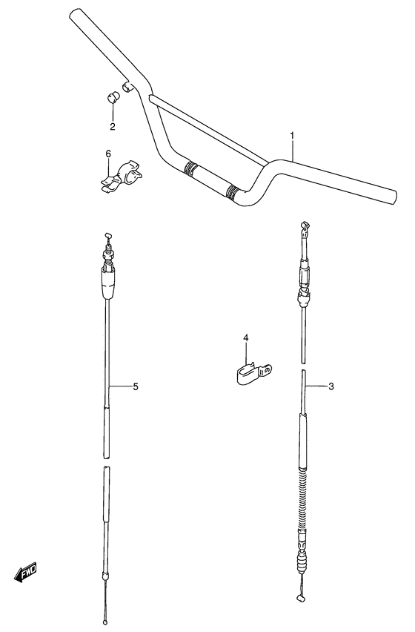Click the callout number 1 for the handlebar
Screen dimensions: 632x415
[292, 136]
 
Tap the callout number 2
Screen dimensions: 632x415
[113, 126]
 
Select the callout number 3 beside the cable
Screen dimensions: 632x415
[331, 386]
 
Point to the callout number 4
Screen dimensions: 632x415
[245, 339]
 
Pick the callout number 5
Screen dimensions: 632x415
[136, 386]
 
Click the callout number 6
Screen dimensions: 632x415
[108, 154]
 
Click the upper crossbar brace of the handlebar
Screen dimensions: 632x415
[207, 126]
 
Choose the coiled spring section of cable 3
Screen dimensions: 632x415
[302, 498]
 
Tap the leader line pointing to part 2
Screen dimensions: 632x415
[112, 113]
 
